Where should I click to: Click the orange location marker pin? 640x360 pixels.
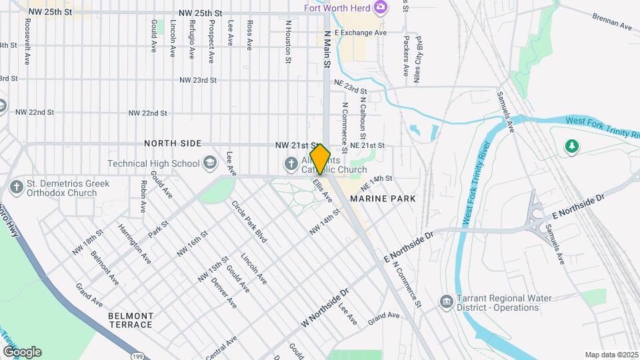click(x=320, y=159)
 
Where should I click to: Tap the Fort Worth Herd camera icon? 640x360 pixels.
click(x=381, y=8)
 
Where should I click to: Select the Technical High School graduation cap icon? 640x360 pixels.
click(x=210, y=163)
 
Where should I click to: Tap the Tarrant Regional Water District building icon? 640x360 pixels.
click(x=445, y=303)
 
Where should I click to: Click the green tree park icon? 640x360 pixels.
click(x=571, y=146)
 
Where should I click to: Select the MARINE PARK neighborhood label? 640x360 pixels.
click(x=383, y=199)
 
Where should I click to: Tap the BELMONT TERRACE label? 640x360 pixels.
click(x=130, y=320)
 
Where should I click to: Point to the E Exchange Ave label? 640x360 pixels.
click(x=361, y=32)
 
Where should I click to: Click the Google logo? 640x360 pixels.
click(x=22, y=352)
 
